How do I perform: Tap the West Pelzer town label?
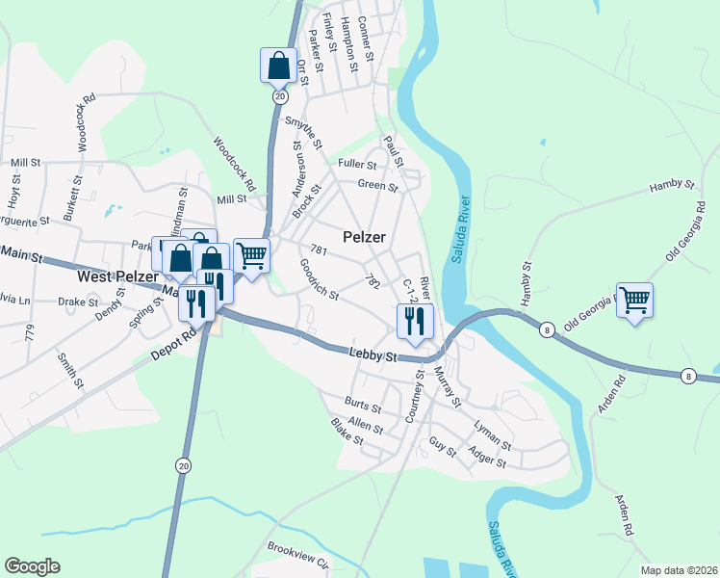point(112,276)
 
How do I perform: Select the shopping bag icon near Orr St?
point(278,66)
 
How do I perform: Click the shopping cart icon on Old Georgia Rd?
point(634,301)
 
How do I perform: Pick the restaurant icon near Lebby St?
point(415,320)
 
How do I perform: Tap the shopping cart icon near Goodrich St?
point(251,255)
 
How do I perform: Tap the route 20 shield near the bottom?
point(183,465)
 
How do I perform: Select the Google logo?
point(32,566)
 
